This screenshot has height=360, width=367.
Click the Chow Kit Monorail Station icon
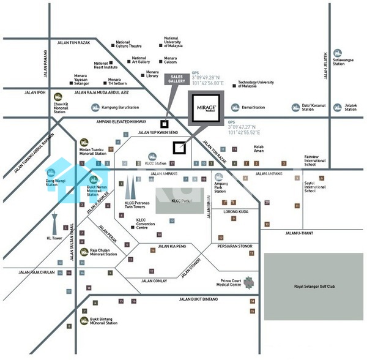point(59,96)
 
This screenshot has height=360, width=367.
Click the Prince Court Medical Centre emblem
point(248,283)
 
